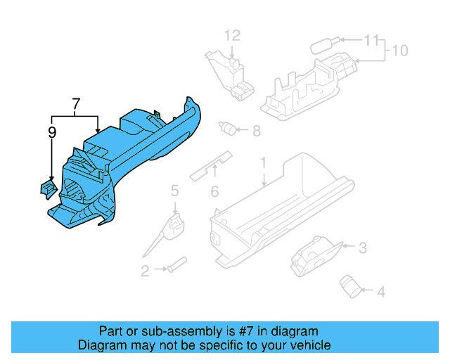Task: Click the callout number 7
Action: [75, 105]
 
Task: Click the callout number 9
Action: [52, 131]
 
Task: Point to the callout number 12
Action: [232, 35]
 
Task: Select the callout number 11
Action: [371, 40]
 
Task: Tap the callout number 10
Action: [399, 51]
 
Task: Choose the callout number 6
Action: [214, 191]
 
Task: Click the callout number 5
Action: [174, 190]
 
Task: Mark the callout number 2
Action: [145, 271]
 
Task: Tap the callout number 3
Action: [363, 247]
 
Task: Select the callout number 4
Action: [380, 290]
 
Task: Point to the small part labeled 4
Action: [349, 283]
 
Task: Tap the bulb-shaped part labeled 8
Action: [227, 128]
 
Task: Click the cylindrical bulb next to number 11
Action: [323, 44]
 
